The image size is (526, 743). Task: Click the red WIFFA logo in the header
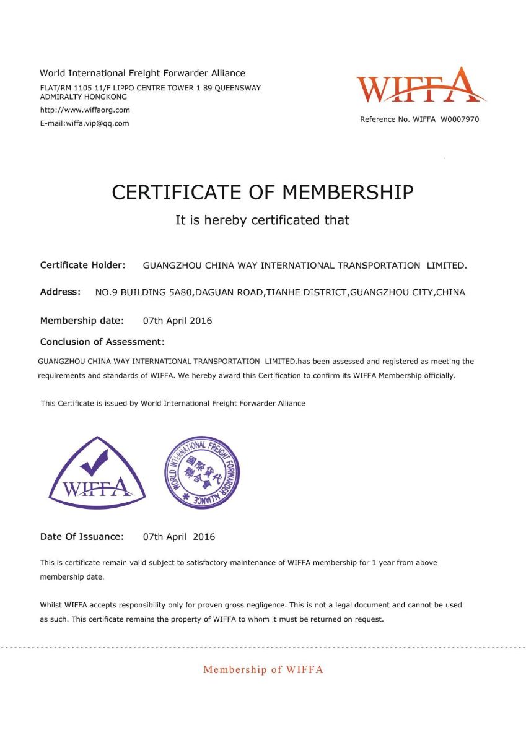421,86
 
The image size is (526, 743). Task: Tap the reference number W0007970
460,119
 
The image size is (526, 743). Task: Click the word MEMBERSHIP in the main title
348,193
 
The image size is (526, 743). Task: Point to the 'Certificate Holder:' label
83,266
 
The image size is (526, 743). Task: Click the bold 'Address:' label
60,292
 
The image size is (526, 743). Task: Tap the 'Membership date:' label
82,321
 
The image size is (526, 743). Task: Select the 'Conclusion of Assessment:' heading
102,342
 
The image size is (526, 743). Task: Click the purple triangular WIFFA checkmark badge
97,472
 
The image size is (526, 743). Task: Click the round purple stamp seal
201,472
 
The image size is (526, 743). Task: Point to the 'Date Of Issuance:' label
82,537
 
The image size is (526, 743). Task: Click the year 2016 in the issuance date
204,537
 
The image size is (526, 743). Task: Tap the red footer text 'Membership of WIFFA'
263,669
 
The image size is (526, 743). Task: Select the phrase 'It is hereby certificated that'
263,220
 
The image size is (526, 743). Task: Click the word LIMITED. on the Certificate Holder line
447,266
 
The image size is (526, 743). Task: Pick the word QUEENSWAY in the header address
239,88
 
